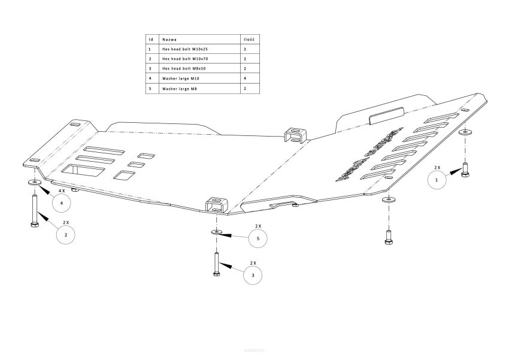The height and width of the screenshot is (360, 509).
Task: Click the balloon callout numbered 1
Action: [x=436, y=179]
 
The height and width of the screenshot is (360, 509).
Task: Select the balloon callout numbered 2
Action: [x=65, y=235]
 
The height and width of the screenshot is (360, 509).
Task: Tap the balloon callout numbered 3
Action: [x=253, y=275]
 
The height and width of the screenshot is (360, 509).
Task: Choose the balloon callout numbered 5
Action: [x=257, y=238]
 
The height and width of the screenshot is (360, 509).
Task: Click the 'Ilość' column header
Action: [x=249, y=38]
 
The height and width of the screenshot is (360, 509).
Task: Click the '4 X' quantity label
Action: [x=61, y=190]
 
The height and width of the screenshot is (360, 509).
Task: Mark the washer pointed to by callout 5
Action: [x=215, y=231]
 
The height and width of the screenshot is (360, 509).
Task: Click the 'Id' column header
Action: [x=150, y=38]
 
